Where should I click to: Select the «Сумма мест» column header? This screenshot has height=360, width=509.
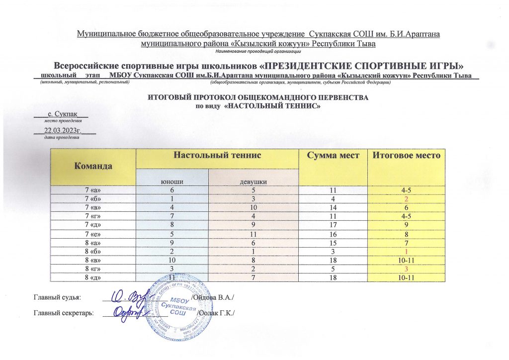pyautogui.click(x=332, y=156)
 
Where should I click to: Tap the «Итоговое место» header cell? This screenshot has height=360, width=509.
pyautogui.click(x=407, y=156)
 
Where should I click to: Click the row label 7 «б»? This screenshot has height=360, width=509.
pyautogui.click(x=93, y=199)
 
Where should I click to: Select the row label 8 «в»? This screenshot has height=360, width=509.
pyautogui.click(x=93, y=259)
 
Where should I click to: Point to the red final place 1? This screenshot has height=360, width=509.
pyautogui.click(x=407, y=251)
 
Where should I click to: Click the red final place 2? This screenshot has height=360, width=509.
pyautogui.click(x=407, y=199)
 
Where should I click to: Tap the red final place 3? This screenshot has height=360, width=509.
pyautogui.click(x=407, y=268)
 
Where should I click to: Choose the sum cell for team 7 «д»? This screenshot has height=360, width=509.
pyautogui.click(x=332, y=225)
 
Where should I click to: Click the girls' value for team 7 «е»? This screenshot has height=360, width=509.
pyautogui.click(x=254, y=234)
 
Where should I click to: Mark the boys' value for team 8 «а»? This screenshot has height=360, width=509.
pyautogui.click(x=172, y=242)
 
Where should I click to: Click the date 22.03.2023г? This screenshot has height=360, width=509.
pyautogui.click(x=64, y=130)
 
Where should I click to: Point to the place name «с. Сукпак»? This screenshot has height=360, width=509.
pyautogui.click(x=61, y=114)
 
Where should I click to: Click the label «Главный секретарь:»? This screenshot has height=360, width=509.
pyautogui.click(x=64, y=313)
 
